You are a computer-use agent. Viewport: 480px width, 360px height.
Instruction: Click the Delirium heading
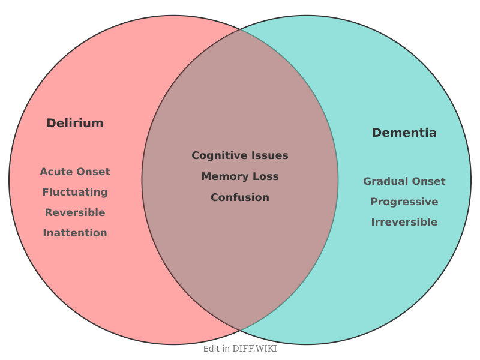tap(75, 123)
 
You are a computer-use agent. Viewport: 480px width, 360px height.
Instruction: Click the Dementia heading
tap(404, 133)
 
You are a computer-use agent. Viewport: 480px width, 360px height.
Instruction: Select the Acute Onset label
tap(75, 172)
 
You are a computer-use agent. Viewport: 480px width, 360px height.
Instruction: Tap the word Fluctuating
tap(75, 192)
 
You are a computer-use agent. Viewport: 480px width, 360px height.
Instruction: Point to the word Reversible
tap(75, 212)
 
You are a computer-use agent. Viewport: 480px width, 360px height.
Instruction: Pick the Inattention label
tap(75, 233)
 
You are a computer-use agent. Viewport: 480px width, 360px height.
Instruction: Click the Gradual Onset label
tap(404, 181)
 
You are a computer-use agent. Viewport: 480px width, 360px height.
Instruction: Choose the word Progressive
tap(404, 202)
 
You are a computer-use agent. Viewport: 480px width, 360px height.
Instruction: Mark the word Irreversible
tap(404, 222)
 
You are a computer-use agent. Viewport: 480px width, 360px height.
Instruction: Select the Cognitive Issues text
tap(240, 155)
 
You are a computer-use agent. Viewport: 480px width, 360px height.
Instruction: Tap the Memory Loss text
tap(240, 176)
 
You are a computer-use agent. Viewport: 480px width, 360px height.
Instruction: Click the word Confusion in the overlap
tap(240, 197)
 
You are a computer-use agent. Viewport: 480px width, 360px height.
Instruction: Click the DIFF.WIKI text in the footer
tap(255, 349)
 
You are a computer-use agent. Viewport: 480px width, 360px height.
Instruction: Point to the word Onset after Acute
tap(95, 172)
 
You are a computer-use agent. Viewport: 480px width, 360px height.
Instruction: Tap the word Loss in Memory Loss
tap(266, 176)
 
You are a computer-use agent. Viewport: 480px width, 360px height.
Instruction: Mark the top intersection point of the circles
tap(240, 29)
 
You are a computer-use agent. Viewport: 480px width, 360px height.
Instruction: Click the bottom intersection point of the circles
tap(240, 331)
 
